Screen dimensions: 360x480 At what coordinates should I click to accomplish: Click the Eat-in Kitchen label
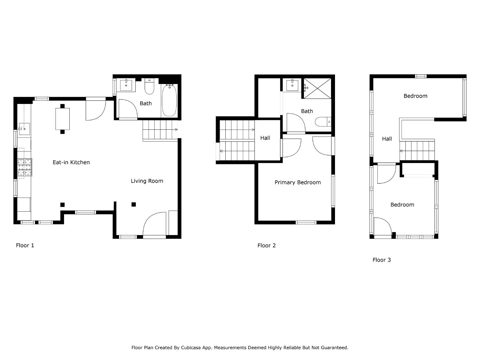(x=71, y=162)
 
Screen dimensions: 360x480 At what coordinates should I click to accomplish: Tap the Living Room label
(x=147, y=181)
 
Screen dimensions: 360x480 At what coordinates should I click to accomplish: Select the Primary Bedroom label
(x=297, y=182)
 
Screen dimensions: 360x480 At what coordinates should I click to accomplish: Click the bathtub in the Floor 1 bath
(x=169, y=100)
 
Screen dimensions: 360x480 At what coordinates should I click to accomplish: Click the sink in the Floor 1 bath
(x=126, y=85)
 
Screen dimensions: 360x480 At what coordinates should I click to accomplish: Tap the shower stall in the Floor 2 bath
(x=317, y=88)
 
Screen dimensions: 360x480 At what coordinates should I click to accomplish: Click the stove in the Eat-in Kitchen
(x=25, y=167)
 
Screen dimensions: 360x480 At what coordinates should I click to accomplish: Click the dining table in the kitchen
(x=62, y=119)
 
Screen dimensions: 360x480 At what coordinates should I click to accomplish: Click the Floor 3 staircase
(x=417, y=151)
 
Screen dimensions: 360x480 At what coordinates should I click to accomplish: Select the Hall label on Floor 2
(x=265, y=138)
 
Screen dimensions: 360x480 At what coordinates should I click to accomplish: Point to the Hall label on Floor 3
(x=387, y=139)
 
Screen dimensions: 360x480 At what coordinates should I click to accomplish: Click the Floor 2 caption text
(x=266, y=246)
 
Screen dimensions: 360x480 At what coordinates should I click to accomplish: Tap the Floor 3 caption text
(x=381, y=260)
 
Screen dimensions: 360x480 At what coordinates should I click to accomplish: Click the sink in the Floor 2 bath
(x=292, y=85)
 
